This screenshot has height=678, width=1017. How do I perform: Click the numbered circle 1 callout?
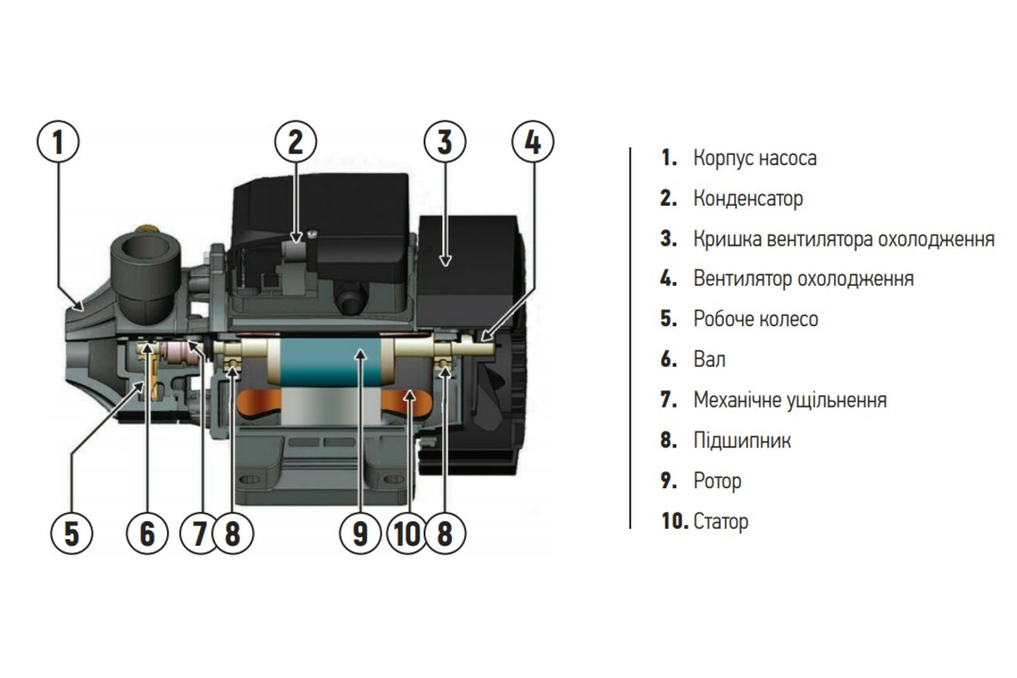58,142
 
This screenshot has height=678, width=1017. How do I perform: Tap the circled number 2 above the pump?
296,142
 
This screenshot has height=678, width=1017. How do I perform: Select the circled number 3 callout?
445,142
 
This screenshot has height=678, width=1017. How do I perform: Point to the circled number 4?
533,142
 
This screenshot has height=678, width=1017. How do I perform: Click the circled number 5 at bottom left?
72,533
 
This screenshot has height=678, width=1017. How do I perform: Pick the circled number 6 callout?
147,533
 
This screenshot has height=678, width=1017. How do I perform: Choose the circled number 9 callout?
360,533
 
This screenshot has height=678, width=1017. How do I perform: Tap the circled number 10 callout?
408,533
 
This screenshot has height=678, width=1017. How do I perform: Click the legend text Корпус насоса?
755,158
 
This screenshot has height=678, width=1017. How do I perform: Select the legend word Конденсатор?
748,198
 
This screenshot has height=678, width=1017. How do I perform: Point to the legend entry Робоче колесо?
756,319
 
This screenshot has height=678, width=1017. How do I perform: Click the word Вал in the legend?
709,359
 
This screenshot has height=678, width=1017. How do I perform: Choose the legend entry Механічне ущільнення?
790,400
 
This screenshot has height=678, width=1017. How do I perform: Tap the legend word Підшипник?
742,440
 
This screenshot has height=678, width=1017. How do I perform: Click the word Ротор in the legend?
717,481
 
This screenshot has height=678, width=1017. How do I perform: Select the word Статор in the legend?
721,521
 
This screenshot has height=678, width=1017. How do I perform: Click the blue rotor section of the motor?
331,363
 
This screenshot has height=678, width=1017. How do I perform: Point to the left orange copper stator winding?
259,404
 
